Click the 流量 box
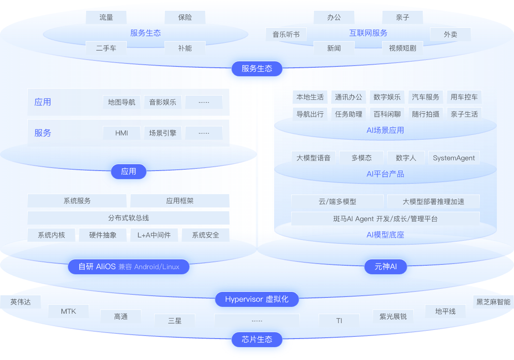[x=106, y=17]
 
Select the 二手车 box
[x=106, y=48]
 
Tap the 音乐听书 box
[x=286, y=34]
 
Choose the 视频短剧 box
[x=402, y=48]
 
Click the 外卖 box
[x=450, y=34]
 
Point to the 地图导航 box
[x=122, y=102]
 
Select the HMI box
[x=122, y=133]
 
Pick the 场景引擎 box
[x=163, y=133]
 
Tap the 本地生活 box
[x=310, y=97]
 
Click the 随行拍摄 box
[x=426, y=114]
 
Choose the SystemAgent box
[x=454, y=158]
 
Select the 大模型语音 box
[x=314, y=158]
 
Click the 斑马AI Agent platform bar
[x=385, y=219]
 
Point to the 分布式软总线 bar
[x=128, y=218]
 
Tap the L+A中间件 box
[x=154, y=235]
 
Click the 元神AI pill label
[x=385, y=267]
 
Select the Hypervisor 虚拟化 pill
[x=257, y=299]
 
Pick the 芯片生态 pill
[x=257, y=339]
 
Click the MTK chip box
[x=69, y=311]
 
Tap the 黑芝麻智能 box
[x=493, y=302]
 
